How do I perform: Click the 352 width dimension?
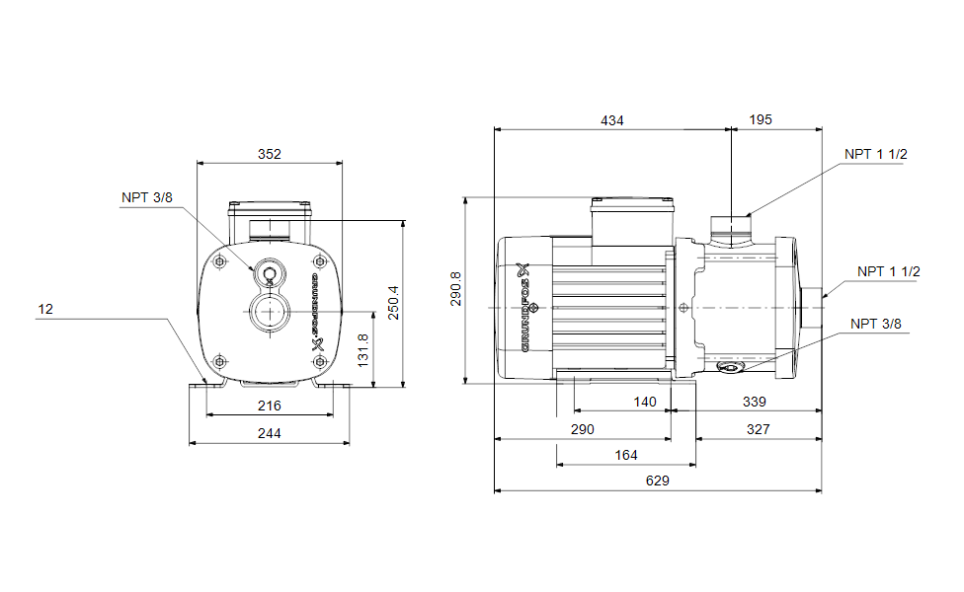pyautogui.click(x=270, y=154)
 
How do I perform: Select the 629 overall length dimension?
pyautogui.click(x=657, y=481)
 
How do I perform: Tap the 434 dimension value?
pyautogui.click(x=611, y=121)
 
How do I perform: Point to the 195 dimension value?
pyautogui.click(x=761, y=119)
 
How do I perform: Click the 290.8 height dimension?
pyautogui.click(x=455, y=289)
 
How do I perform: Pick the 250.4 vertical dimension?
pyautogui.click(x=393, y=303)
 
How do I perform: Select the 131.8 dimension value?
pyautogui.click(x=362, y=350)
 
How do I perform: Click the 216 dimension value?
pyautogui.click(x=270, y=406)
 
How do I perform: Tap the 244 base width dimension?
pyautogui.click(x=270, y=433)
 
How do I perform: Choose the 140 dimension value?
pyautogui.click(x=645, y=403)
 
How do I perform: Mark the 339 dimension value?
pyautogui.click(x=755, y=403)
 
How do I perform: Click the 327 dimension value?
pyautogui.click(x=758, y=430)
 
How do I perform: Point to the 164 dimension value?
pyautogui.click(x=626, y=456)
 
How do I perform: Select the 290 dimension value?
pyautogui.click(x=582, y=430)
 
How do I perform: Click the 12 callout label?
pyautogui.click(x=45, y=310)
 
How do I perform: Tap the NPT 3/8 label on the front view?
pyautogui.click(x=147, y=197)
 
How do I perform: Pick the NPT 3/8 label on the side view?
pyautogui.click(x=875, y=325)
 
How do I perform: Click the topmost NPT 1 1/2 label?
pyautogui.click(x=875, y=155)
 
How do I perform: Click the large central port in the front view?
pyautogui.click(x=269, y=312)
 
